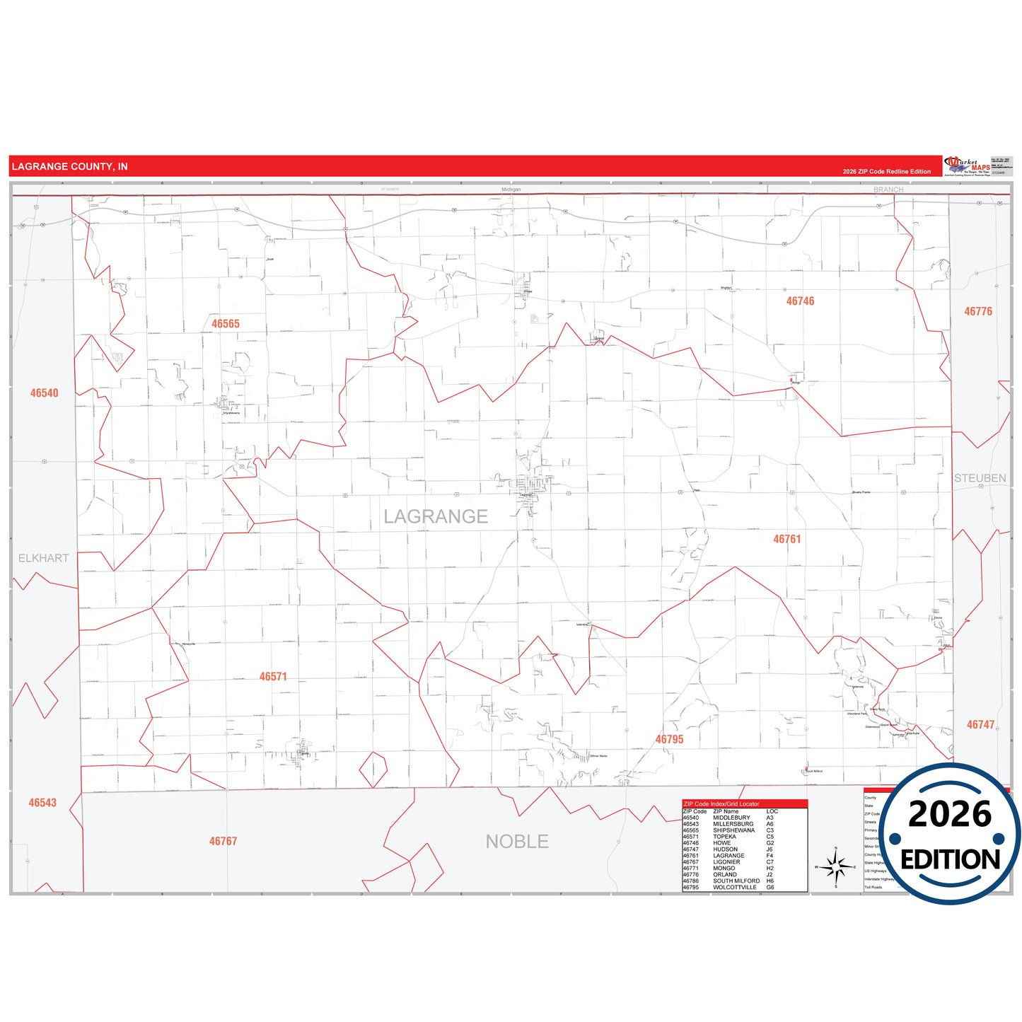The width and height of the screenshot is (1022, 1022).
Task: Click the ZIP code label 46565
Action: (x=226, y=324)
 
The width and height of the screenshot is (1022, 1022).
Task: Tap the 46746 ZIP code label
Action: (x=800, y=301)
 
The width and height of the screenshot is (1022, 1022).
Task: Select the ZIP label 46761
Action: (x=786, y=539)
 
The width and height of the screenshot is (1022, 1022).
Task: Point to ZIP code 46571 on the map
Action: (x=273, y=677)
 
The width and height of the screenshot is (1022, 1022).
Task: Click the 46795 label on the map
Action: (x=669, y=739)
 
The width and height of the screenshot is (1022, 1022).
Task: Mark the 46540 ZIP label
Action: (x=44, y=393)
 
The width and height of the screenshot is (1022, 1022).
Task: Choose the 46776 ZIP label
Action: (x=978, y=311)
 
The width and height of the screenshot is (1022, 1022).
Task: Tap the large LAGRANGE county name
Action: (x=436, y=516)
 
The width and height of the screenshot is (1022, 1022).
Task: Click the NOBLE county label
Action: (x=517, y=842)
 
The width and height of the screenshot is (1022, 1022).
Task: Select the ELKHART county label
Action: (x=44, y=558)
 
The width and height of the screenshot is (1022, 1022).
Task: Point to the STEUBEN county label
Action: (x=980, y=478)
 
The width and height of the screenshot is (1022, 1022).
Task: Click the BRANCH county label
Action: (x=888, y=190)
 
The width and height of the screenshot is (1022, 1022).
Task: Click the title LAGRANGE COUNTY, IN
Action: (x=70, y=167)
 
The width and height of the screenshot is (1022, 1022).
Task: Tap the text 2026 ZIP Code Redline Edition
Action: (x=886, y=171)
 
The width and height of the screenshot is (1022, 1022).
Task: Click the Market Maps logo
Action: (x=967, y=166)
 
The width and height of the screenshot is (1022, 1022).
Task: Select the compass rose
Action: (x=835, y=866)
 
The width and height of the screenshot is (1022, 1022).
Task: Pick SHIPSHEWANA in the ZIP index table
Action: (x=733, y=830)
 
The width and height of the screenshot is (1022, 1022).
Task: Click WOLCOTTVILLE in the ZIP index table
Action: (x=734, y=887)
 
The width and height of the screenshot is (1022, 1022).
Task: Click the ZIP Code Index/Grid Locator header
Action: (x=721, y=804)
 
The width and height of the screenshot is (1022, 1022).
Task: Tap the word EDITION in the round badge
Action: (x=950, y=859)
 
